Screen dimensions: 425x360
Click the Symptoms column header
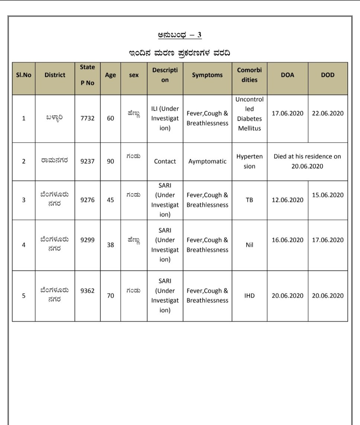point(207,75)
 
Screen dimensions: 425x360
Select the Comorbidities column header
point(249,75)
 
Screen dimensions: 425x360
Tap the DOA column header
point(287,75)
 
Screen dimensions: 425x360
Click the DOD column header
point(328,75)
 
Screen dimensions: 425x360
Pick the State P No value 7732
point(87,119)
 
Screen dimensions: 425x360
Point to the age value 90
point(110,162)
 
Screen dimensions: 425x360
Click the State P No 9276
point(87,200)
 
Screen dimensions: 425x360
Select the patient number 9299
point(87,240)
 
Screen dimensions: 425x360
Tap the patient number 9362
point(87,291)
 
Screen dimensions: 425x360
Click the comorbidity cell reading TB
point(249,200)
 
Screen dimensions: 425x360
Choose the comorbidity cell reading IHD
point(249,296)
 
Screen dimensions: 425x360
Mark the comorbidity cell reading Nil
point(249,245)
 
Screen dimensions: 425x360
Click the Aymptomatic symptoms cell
point(207,162)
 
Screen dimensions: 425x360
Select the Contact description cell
point(165,162)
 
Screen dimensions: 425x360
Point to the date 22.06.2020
point(328,113)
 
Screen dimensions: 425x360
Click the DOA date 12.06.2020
point(287,200)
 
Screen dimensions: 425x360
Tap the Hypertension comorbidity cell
point(249,162)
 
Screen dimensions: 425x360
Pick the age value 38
point(110,245)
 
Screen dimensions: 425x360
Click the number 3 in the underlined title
point(199,35)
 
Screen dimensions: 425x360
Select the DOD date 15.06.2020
point(328,195)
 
